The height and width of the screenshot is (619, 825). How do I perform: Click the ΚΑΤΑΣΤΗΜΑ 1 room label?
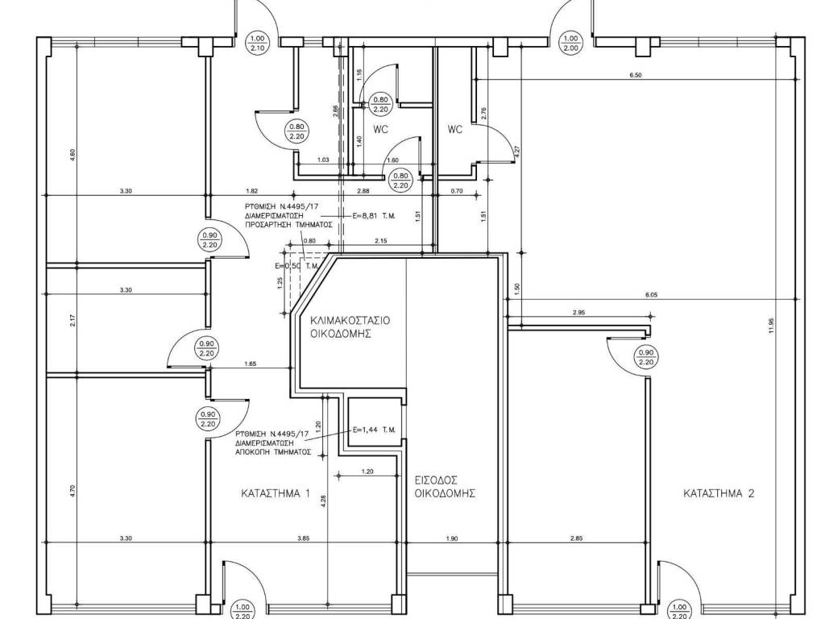275,492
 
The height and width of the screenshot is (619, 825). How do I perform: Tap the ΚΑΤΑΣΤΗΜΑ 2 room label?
719,493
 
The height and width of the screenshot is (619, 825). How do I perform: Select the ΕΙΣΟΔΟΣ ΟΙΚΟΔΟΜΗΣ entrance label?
442,485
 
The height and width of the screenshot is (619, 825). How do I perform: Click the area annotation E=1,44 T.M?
375,430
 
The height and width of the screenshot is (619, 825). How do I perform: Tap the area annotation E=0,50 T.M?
297,266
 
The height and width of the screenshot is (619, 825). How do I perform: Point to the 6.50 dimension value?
635,75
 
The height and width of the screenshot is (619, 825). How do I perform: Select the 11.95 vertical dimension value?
771,325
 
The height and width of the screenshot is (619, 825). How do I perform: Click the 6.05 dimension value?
651,295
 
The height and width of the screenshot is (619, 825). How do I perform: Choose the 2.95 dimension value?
578,313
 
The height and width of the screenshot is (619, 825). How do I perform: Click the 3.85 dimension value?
303,538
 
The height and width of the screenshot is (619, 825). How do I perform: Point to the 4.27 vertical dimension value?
516,150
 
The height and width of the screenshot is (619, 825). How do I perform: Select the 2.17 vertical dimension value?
73,319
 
